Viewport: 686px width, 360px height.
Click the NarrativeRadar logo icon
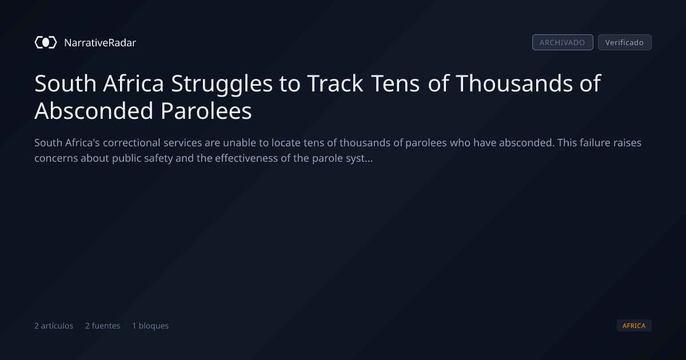coord(46,42)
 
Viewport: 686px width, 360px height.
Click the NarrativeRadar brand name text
coord(100,42)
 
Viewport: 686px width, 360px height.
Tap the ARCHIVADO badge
coord(563,42)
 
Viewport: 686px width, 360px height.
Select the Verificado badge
coord(625,42)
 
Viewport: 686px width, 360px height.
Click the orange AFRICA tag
coord(634,325)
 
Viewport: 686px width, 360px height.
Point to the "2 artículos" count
coord(54,326)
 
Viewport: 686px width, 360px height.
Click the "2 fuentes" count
coord(102,326)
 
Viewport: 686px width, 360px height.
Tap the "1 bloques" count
coord(150,326)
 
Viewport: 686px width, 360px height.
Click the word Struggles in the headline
coord(221,84)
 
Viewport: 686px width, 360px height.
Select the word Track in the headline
coord(336,83)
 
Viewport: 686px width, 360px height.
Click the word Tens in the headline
coord(396,83)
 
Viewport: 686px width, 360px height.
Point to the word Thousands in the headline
coord(514,83)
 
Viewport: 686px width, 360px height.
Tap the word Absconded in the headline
coord(94,111)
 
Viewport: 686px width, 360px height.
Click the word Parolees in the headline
coord(206,111)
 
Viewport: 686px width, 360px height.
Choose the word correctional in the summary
coord(131,143)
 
